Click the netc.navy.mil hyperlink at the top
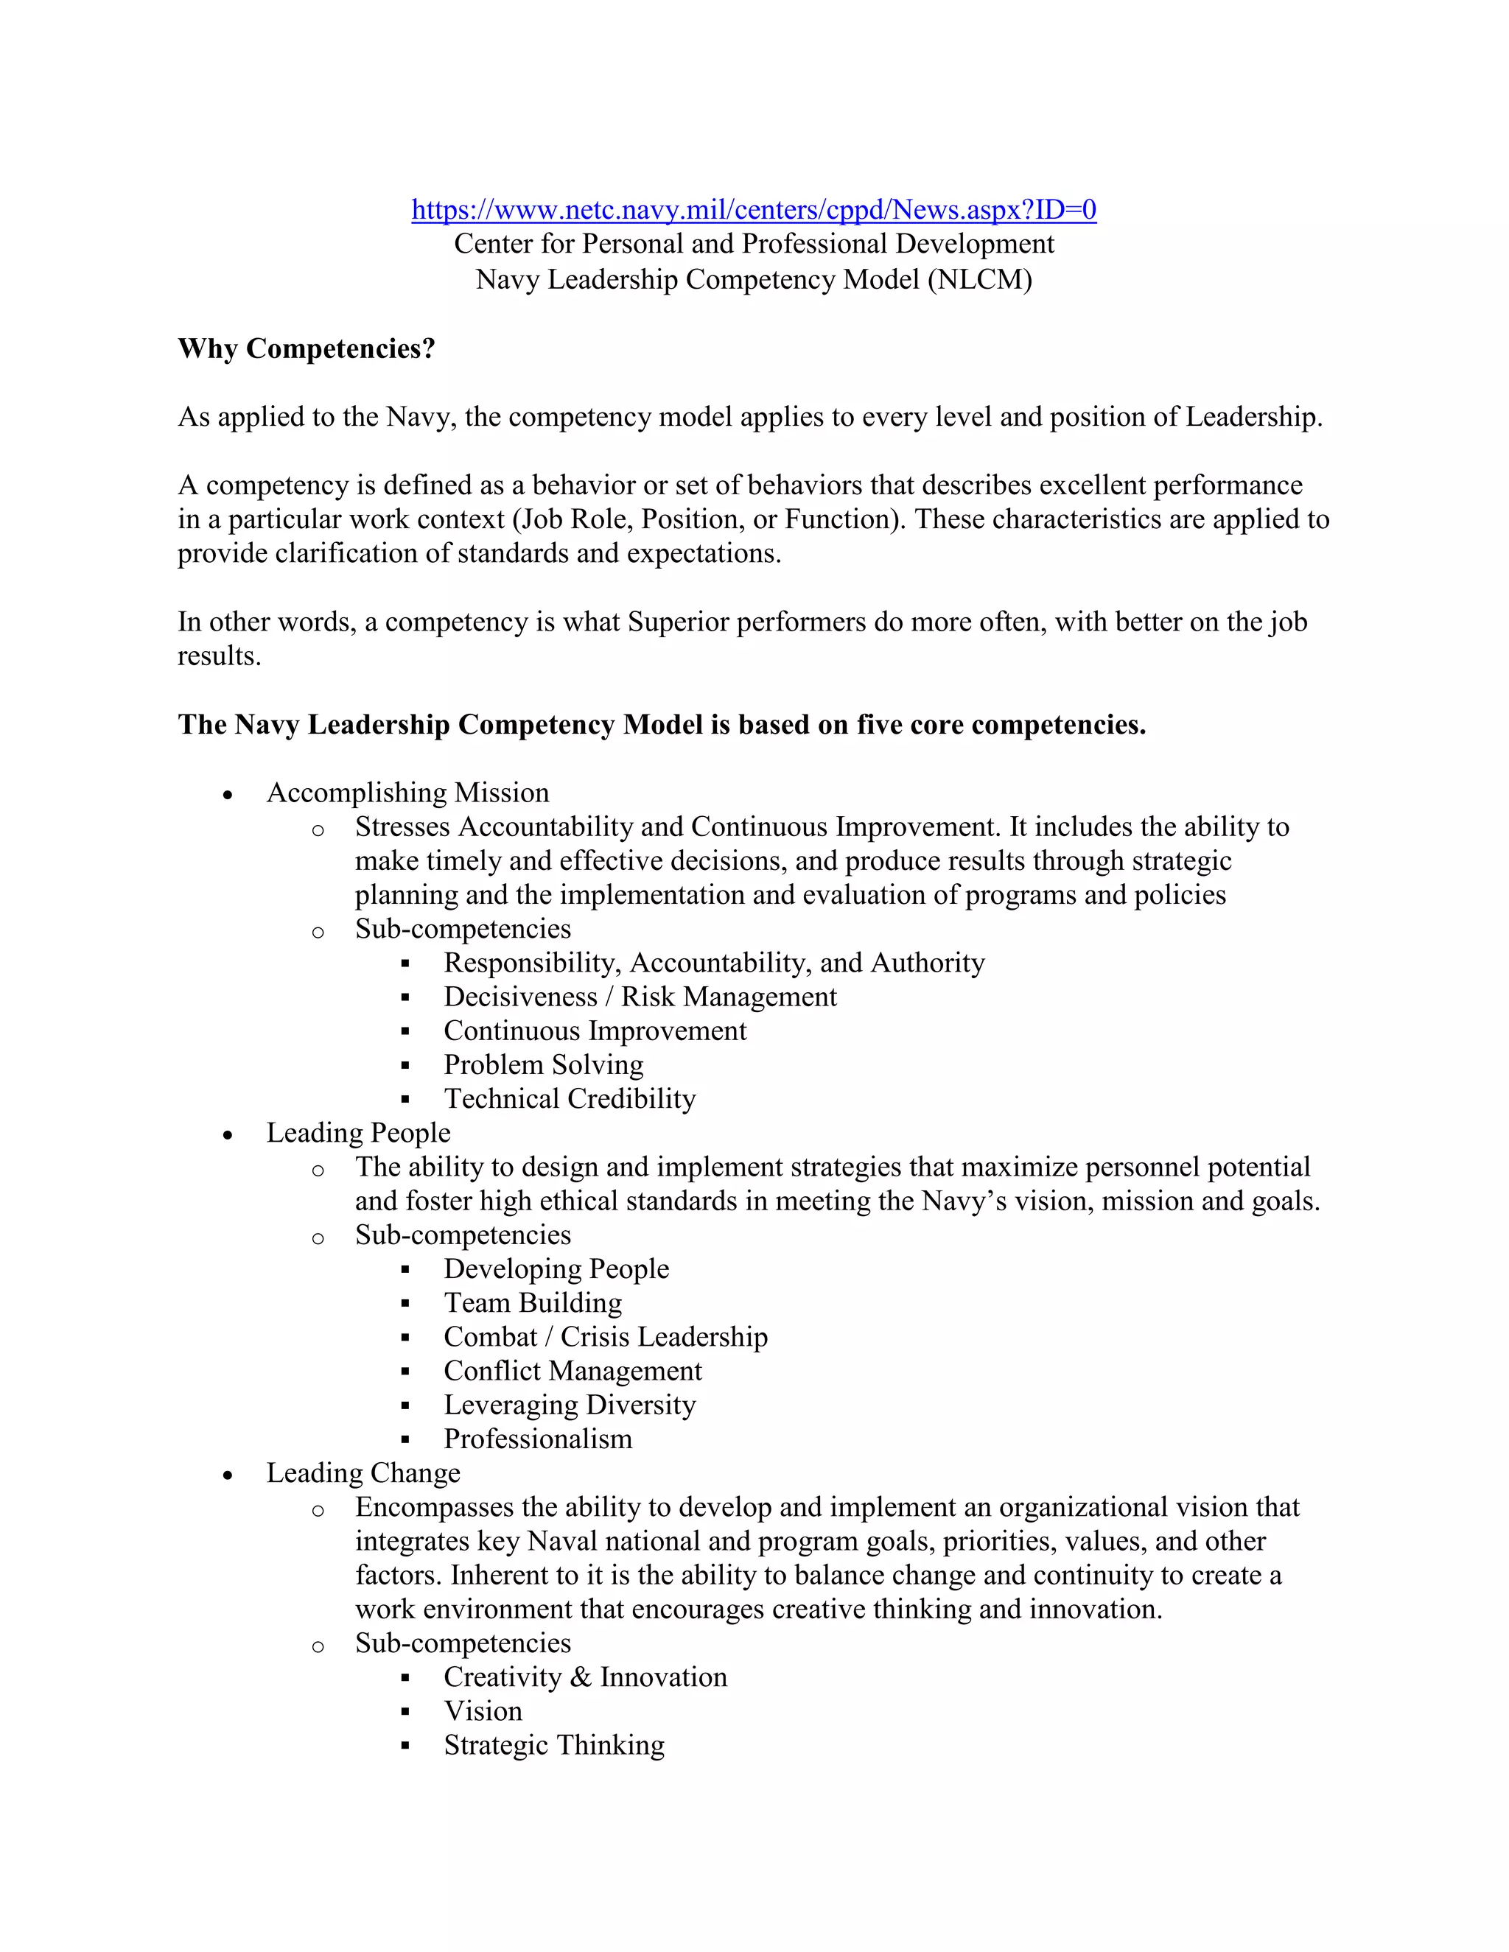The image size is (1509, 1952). [753, 210]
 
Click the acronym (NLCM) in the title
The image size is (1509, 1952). [980, 280]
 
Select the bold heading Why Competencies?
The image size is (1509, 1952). [306, 348]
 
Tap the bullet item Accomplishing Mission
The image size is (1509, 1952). [407, 793]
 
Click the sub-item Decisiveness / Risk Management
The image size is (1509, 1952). [640, 997]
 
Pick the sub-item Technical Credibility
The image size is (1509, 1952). [570, 1098]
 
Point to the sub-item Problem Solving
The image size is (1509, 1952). [544, 1064]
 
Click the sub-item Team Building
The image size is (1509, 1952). [533, 1302]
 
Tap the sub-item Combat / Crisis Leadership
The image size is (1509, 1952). [605, 1336]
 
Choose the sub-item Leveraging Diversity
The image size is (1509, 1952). [570, 1404]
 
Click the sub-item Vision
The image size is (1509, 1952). [483, 1710]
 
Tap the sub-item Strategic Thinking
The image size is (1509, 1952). [554, 1744]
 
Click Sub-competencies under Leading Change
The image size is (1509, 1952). [462, 1643]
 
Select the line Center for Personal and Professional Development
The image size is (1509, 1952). [753, 244]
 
